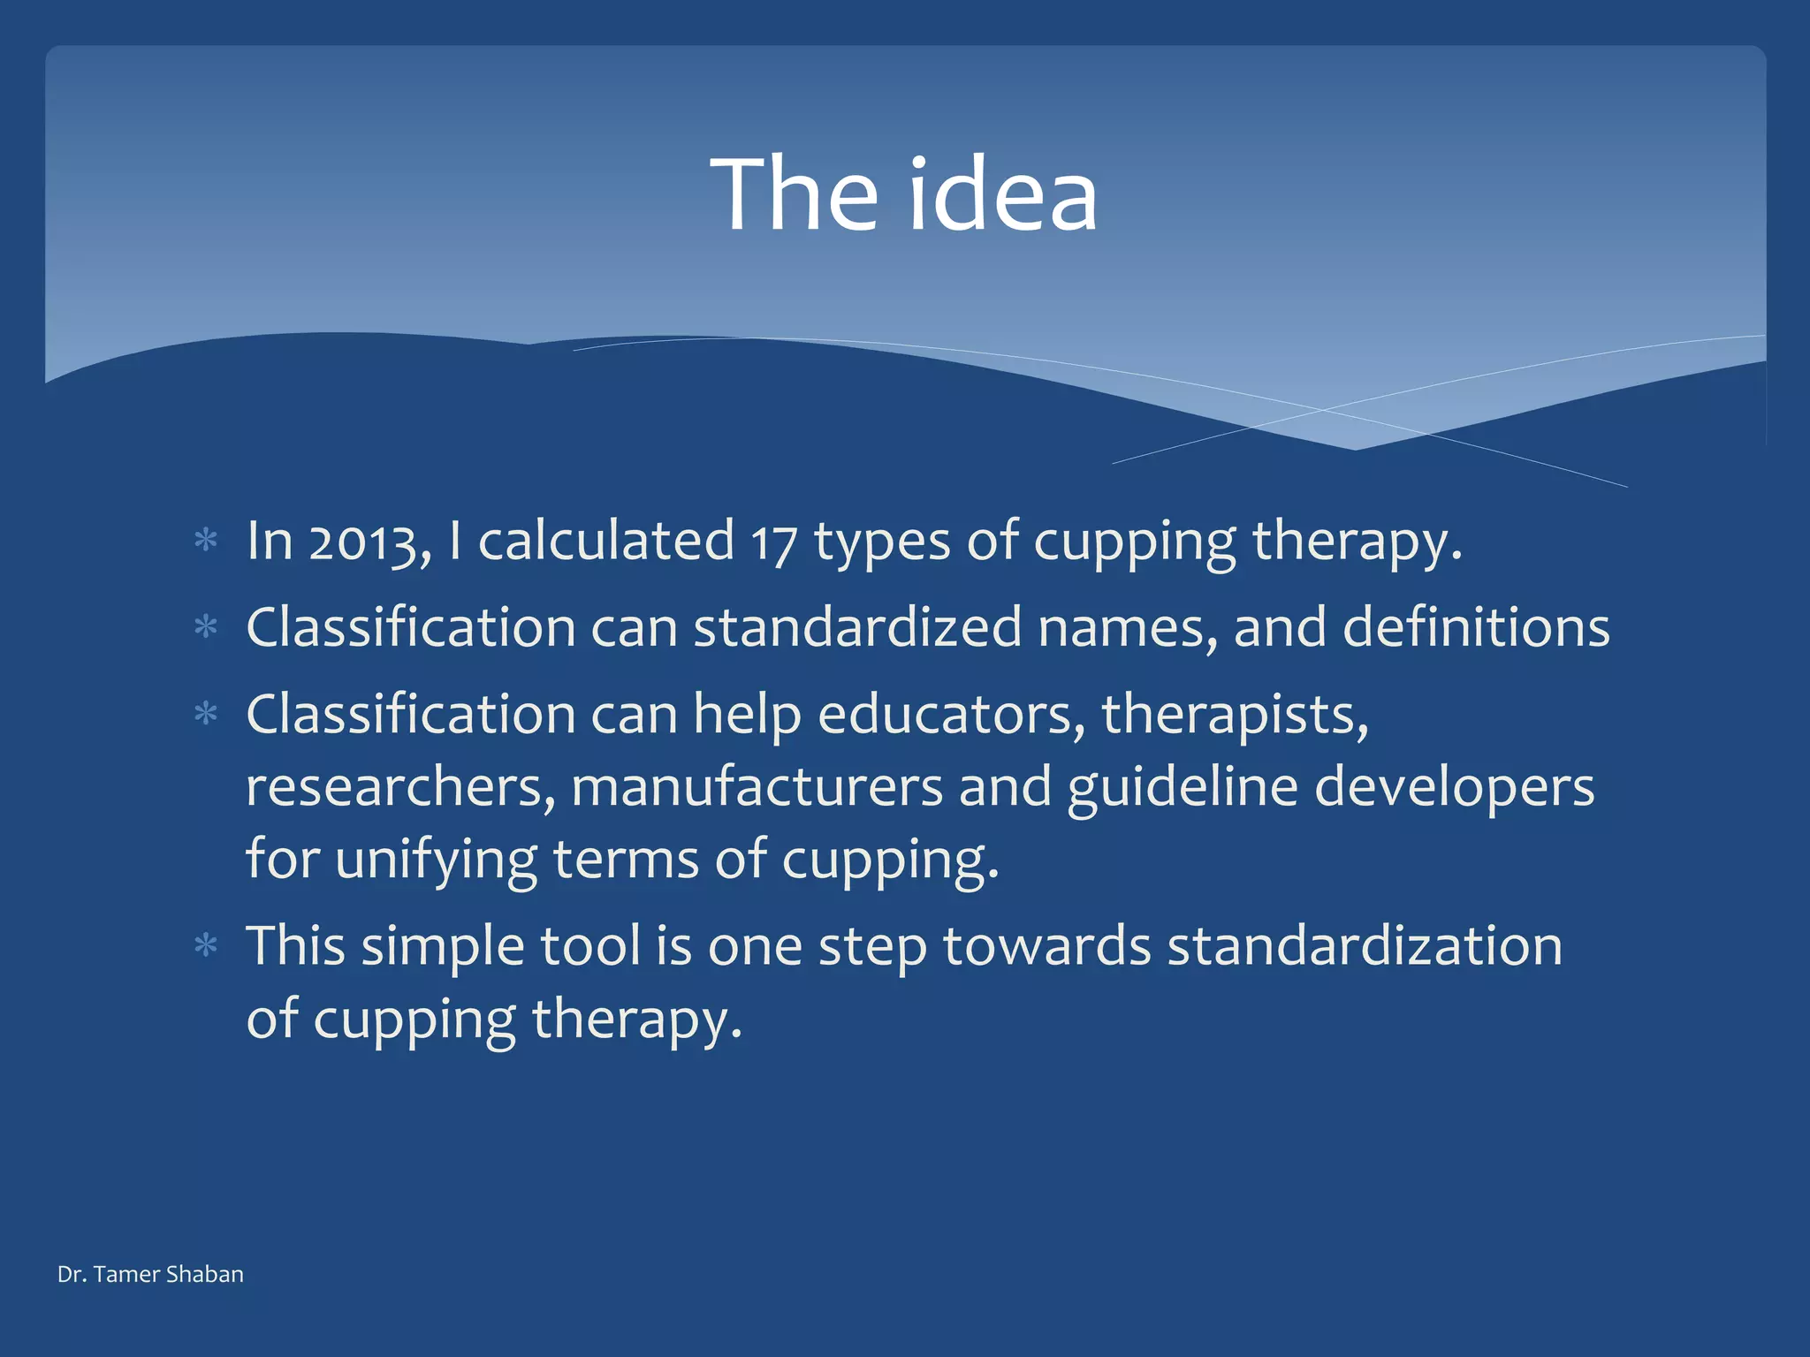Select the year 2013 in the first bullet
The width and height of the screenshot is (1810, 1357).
[362, 542]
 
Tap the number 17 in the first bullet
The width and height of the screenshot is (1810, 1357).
[774, 542]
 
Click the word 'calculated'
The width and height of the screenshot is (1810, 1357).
[606, 540]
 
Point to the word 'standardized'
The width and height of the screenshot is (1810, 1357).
[857, 627]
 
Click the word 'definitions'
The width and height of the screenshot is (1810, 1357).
[1476, 627]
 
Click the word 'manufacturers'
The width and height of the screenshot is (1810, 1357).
[757, 787]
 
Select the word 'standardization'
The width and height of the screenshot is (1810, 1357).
[1365, 946]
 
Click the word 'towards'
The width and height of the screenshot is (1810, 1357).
[1047, 946]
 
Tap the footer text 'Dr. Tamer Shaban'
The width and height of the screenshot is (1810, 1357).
[150, 1274]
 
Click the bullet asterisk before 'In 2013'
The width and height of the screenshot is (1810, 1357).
[206, 540]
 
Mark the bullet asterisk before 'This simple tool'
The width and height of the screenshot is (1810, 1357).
[206, 946]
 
